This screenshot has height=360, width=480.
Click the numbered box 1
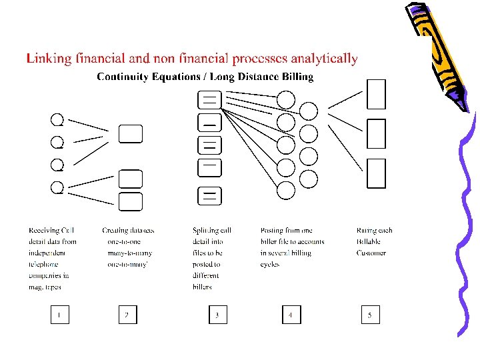click(60, 314)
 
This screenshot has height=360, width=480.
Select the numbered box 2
click(127, 314)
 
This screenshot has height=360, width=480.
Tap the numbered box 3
click(217, 314)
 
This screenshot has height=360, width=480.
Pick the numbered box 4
click(291, 314)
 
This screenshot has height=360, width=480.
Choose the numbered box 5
click(371, 314)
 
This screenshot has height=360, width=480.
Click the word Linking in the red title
click(48, 59)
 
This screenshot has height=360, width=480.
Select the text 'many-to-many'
click(130, 253)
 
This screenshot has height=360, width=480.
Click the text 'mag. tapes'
click(45, 287)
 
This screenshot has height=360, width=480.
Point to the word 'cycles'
click(270, 265)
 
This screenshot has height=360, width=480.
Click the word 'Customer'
click(371, 253)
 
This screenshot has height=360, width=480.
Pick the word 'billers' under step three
click(203, 287)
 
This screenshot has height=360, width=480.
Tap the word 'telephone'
click(45, 265)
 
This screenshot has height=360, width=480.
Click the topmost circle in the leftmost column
click(57, 119)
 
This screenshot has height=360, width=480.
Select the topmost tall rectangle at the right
click(377, 94)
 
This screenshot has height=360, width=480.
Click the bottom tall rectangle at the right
click(377, 173)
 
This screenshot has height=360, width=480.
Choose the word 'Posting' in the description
click(272, 231)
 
